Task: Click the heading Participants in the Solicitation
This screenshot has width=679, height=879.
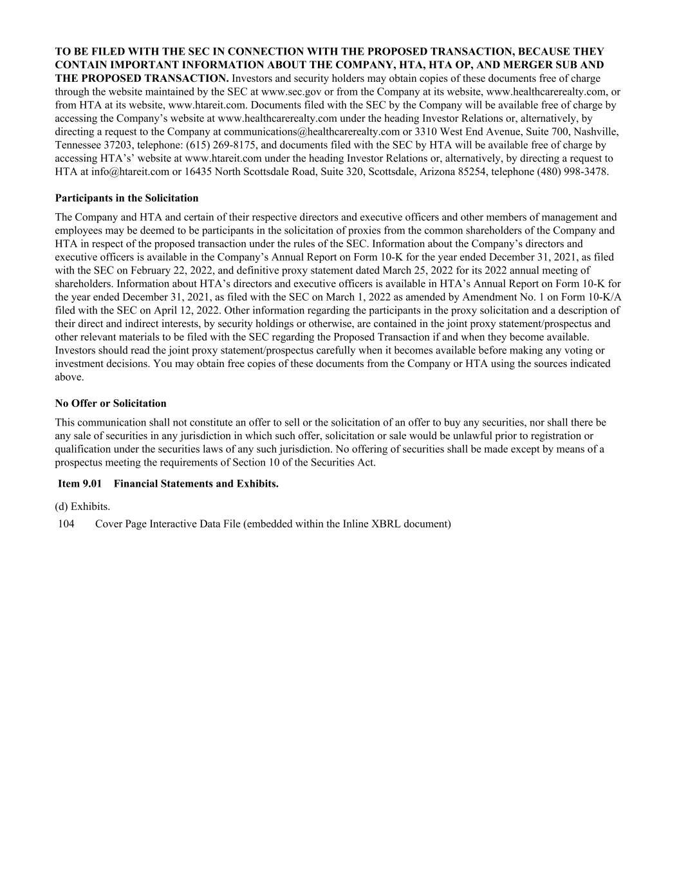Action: pyautogui.click(x=127, y=198)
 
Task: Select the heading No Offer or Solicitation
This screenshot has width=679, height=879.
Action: pyautogui.click(x=111, y=403)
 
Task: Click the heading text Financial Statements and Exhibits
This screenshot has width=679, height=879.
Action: pyautogui.click(x=196, y=484)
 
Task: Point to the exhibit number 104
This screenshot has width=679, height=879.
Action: pyautogui.click(x=66, y=524)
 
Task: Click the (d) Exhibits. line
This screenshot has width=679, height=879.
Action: pyautogui.click(x=82, y=506)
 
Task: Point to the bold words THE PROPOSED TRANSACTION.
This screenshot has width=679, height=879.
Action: pyautogui.click(x=142, y=79)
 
